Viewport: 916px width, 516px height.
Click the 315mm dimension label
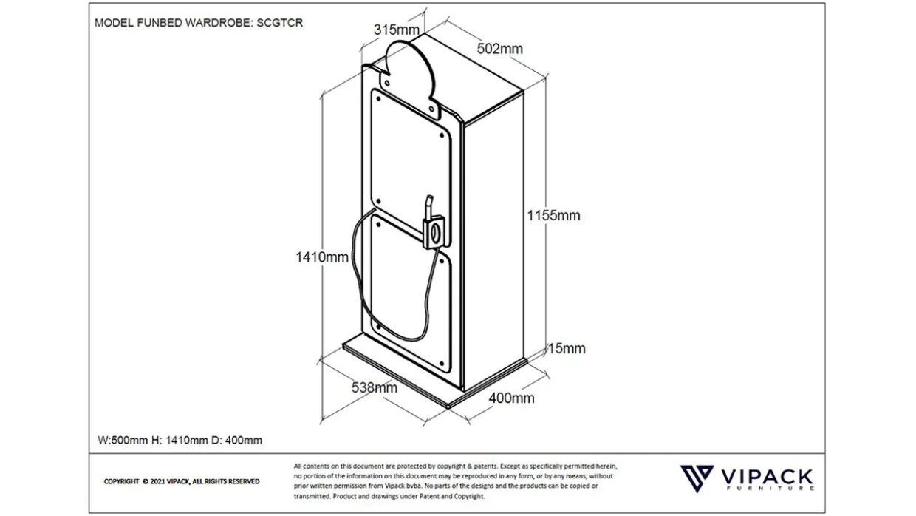(397, 30)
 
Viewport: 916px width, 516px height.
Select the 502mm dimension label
(499, 49)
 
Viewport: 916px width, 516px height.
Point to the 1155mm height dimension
(553, 216)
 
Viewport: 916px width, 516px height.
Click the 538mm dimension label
(375, 387)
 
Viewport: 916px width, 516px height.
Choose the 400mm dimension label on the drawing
(512, 398)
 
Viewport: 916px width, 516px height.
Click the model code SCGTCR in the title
(280, 23)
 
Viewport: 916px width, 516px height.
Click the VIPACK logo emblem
(696, 478)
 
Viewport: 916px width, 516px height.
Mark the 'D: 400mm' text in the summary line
(236, 441)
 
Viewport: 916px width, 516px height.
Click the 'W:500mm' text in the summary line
(122, 441)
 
